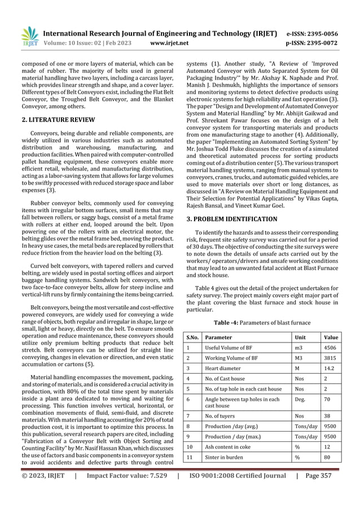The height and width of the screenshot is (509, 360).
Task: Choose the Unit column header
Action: click(x=301, y=337)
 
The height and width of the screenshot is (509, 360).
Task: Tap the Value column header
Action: click(x=331, y=337)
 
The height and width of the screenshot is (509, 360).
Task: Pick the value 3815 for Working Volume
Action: click(x=330, y=358)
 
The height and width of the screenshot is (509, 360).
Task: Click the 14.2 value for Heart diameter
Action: click(x=328, y=368)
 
